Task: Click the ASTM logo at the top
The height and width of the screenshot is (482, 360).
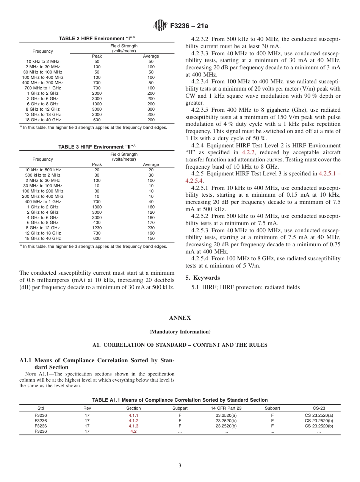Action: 160,25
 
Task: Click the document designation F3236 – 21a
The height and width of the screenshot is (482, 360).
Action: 189,26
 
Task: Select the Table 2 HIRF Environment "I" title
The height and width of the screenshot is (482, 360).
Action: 97,38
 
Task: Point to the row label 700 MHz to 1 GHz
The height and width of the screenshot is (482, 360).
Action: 43,88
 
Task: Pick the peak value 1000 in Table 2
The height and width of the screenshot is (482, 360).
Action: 97,104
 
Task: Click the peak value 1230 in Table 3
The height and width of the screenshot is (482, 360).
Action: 97,228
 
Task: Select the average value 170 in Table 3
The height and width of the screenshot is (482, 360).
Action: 151,222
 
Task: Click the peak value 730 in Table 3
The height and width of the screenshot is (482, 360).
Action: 97,233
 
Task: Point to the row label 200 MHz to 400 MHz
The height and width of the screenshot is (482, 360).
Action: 43,196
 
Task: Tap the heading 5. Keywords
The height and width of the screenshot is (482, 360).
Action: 202,278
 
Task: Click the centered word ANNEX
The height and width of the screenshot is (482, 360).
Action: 180,318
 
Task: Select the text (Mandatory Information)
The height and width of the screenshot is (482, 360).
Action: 180,332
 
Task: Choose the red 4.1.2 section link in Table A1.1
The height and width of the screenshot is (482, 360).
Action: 133,421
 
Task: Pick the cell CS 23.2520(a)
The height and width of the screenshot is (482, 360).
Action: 319,415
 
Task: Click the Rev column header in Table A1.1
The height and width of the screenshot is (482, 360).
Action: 87,408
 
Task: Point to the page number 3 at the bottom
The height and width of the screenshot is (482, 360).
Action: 180,465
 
